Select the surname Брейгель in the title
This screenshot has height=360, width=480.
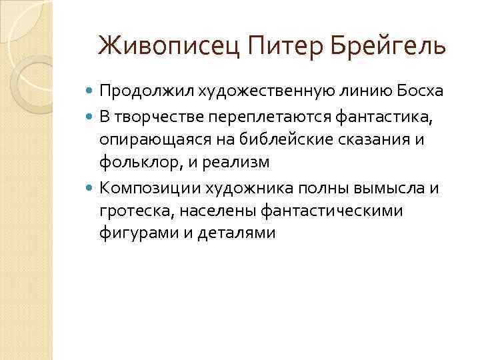tap(386, 47)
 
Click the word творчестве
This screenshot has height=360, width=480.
tap(153, 119)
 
